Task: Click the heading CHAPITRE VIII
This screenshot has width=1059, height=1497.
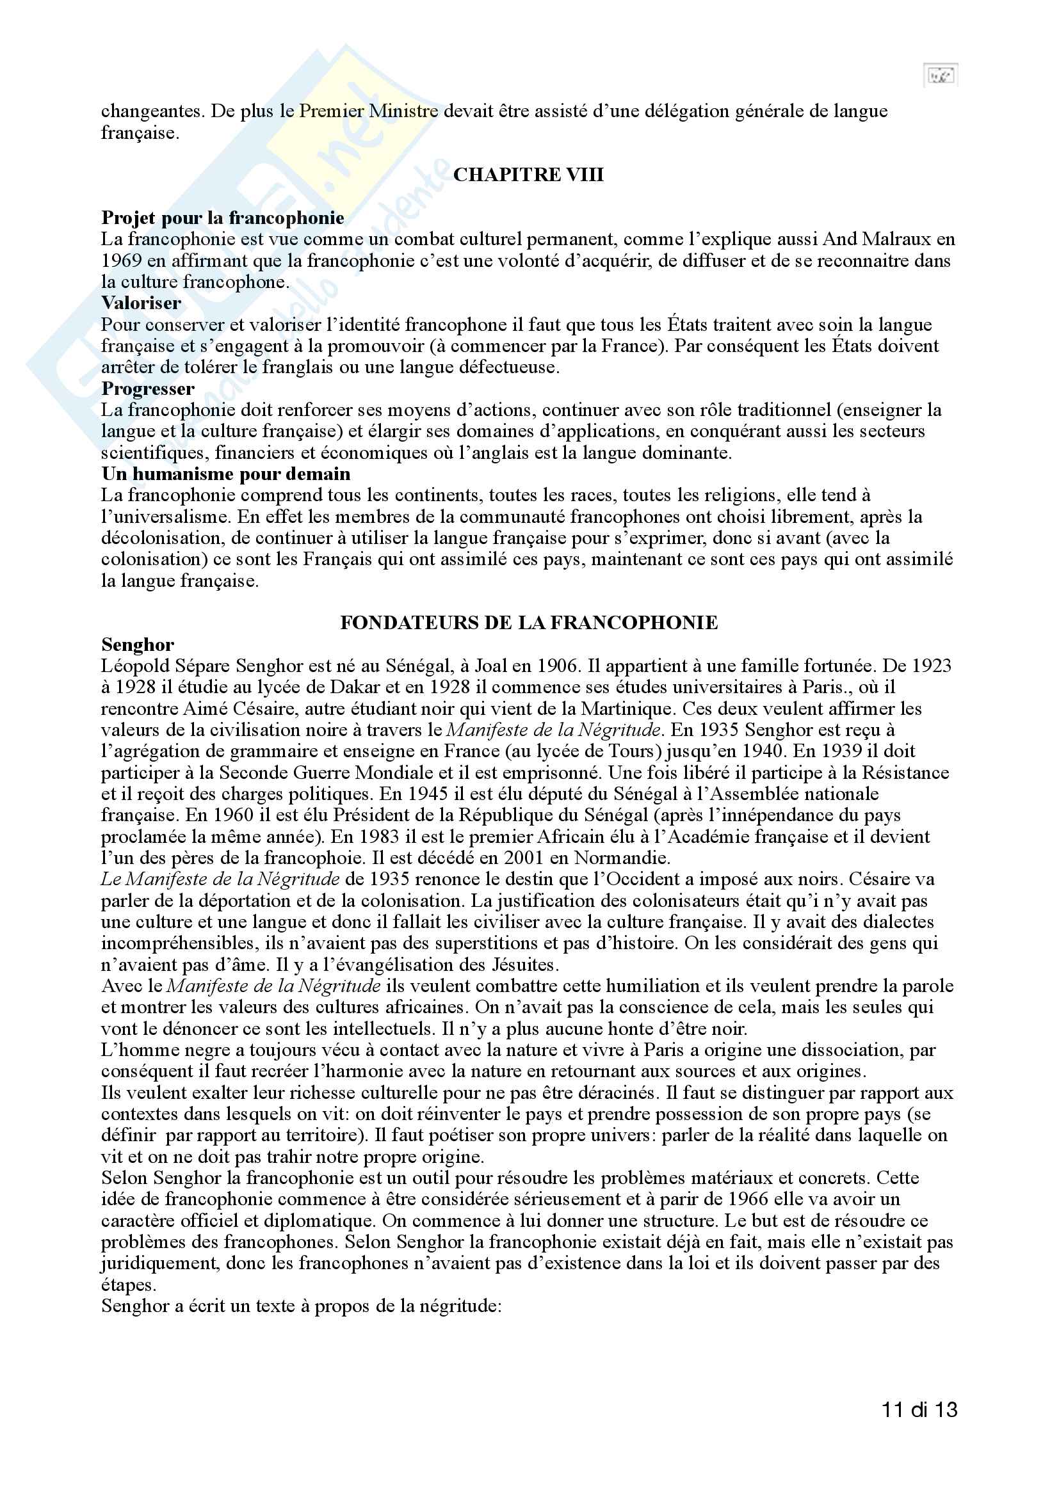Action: point(528,175)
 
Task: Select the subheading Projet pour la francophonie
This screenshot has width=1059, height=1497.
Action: point(222,218)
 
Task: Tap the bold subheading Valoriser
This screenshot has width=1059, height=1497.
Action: point(141,303)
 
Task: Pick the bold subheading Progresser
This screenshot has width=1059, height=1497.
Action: point(147,388)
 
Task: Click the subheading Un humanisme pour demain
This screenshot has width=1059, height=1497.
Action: point(225,474)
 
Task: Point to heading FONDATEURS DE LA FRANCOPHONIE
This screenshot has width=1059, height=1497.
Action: point(529,623)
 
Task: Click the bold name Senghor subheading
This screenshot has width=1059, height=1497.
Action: point(138,645)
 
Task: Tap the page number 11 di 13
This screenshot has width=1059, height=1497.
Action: point(919,1409)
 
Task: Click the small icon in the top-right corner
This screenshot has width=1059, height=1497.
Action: point(941,76)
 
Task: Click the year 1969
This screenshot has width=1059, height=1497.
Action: point(121,260)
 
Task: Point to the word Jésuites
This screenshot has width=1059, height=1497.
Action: point(523,965)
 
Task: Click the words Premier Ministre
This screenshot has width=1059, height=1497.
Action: point(368,111)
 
